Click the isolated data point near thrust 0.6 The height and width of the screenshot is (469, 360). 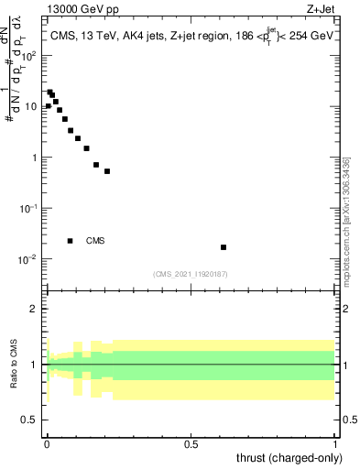click(224, 247)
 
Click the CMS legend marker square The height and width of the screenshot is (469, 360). click(71, 241)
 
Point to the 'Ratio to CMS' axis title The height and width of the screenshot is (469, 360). click(15, 365)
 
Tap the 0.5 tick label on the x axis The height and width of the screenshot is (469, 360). click(191, 442)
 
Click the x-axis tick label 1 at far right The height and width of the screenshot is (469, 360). click(335, 442)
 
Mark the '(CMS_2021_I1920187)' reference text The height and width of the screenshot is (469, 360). click(191, 274)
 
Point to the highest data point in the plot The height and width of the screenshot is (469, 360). click(49, 92)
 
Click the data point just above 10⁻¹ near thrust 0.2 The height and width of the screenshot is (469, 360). click(107, 171)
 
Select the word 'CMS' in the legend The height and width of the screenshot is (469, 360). click(95, 241)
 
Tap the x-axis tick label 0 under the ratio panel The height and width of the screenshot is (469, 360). click(47, 442)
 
